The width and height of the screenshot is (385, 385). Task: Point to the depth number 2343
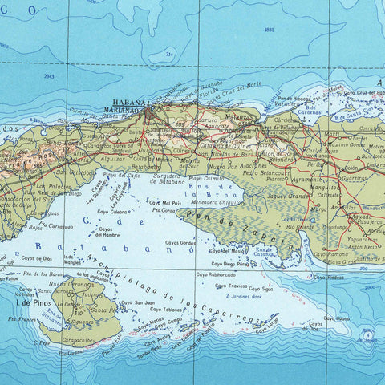click(x=50, y=77)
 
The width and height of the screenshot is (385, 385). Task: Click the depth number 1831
click(x=269, y=30)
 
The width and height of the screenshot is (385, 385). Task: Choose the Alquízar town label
click(x=113, y=159)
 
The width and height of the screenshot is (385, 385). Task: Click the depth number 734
click(x=168, y=54)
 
